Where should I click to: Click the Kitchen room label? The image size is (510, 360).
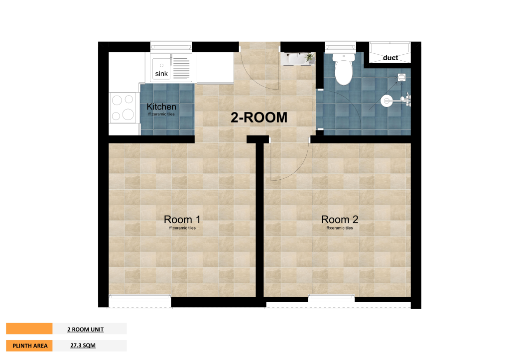(x=161, y=107)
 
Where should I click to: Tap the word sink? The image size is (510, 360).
(x=161, y=74)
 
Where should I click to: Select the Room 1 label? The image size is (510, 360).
(x=182, y=220)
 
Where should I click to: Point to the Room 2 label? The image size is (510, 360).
(x=340, y=220)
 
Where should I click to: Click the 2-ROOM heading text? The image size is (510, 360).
(x=259, y=118)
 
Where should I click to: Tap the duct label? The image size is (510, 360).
(x=390, y=58)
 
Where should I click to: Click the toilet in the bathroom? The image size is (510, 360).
(x=344, y=69)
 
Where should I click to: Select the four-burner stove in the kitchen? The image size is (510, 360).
(x=123, y=108)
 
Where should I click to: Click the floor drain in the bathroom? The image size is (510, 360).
(x=402, y=77)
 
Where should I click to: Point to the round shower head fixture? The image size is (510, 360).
(x=386, y=101)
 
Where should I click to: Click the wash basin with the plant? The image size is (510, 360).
(x=298, y=59)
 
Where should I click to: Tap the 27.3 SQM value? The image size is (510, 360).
(x=83, y=345)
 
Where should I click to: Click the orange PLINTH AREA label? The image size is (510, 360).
(x=29, y=346)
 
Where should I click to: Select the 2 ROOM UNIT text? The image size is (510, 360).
(x=86, y=330)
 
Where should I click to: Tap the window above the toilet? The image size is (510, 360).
(x=341, y=47)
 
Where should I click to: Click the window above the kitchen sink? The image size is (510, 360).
(x=171, y=46)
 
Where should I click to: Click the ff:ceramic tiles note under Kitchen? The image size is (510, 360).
(x=161, y=114)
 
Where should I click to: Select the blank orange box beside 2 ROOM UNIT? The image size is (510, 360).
(x=29, y=329)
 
